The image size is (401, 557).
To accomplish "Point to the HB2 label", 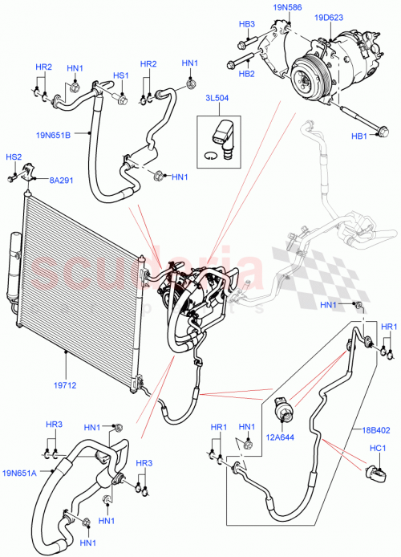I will pyautogui.click(x=246, y=74).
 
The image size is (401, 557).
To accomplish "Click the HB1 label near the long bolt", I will pyautogui.click(x=358, y=137).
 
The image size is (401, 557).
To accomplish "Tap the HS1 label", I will pyautogui.click(x=120, y=75).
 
